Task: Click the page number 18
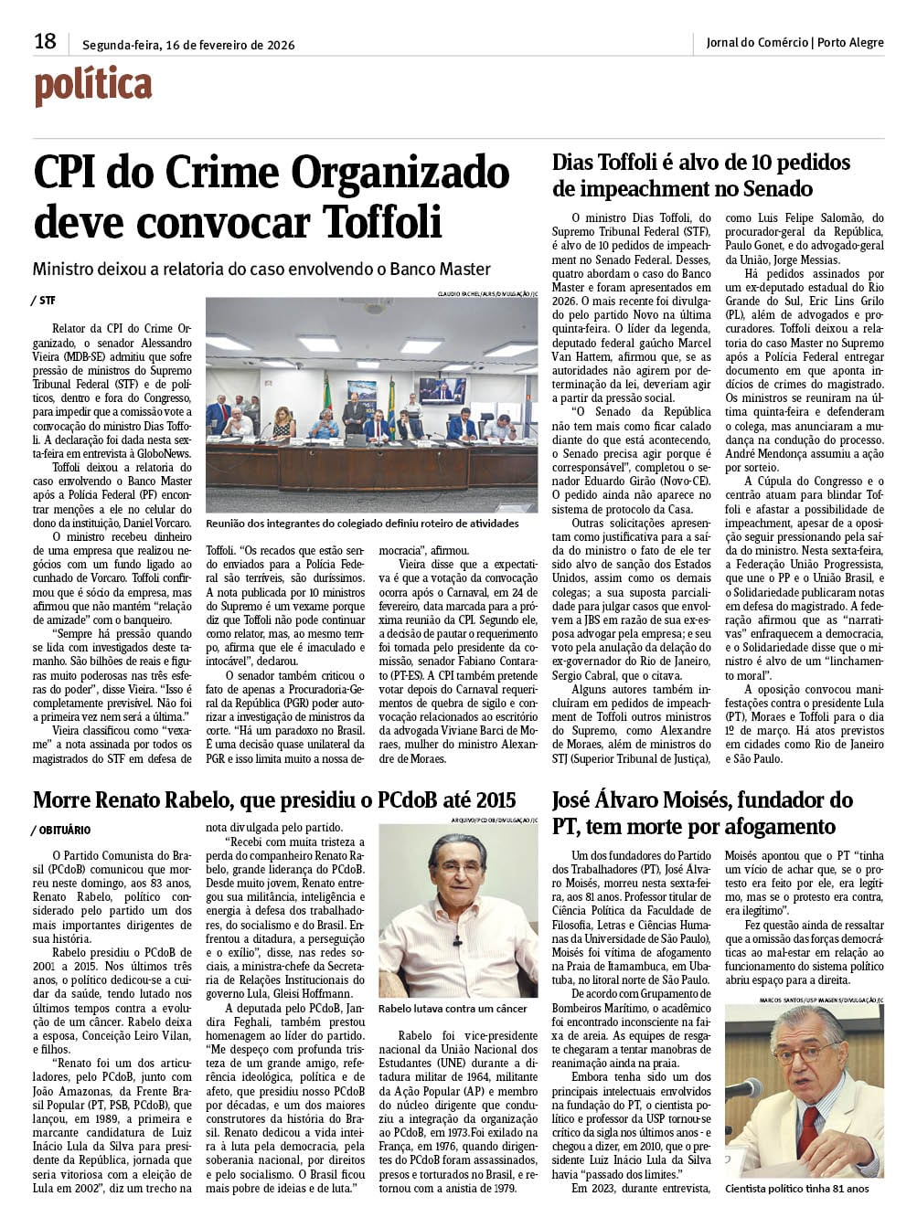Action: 45,42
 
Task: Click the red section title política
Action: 92,88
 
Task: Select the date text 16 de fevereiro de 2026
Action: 231,45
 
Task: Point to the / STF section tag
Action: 43,300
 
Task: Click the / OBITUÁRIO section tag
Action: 61,830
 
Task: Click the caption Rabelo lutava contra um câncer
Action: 453,1009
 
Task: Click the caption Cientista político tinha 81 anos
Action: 796,1189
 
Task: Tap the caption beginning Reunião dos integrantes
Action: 362,524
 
